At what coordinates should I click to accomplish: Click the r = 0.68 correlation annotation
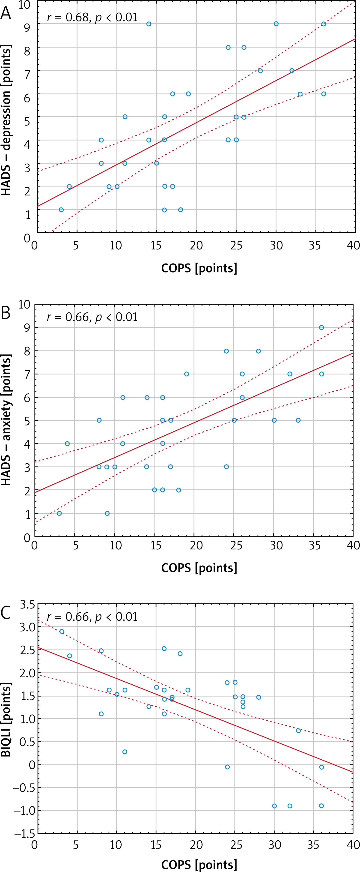point(92,17)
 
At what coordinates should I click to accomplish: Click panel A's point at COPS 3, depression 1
point(61,210)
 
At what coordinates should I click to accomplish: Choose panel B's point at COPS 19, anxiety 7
point(186,374)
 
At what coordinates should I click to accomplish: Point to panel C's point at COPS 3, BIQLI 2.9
point(62,632)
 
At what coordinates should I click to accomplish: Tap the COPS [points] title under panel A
point(199,268)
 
